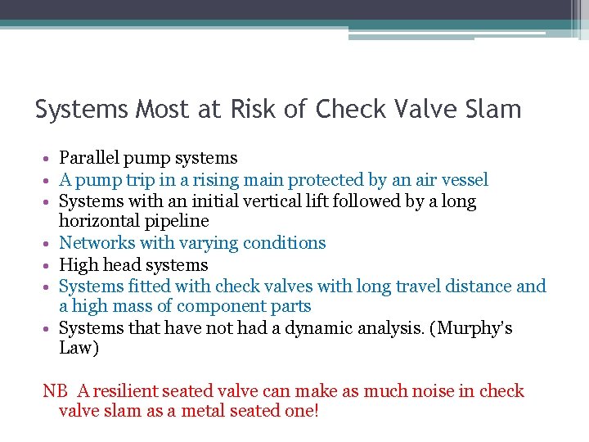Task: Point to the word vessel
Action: (x=464, y=180)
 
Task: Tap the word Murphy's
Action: (x=478, y=328)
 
